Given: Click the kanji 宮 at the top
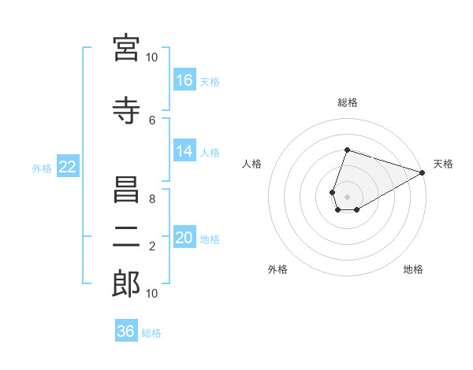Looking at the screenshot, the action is [x=126, y=48].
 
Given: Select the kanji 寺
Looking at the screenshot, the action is [x=126, y=110].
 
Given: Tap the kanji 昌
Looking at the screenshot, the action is [x=126, y=190].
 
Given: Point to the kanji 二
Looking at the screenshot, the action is [x=126, y=237].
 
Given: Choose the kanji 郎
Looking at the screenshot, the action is [x=126, y=283].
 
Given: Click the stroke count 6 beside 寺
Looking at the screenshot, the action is [x=152, y=120].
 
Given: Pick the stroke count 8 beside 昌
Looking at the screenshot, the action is [x=152, y=199].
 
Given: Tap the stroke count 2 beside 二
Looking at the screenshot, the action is [x=152, y=246].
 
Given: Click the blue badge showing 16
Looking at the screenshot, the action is [x=184, y=80].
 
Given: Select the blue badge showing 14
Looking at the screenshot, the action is [x=184, y=150].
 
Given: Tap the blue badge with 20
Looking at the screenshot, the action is [x=184, y=236].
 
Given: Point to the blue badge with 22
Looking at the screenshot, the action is [x=68, y=166].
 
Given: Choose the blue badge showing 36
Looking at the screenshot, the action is [x=126, y=330].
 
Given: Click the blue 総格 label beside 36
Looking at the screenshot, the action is [x=151, y=333].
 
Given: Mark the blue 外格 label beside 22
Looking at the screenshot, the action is [x=42, y=168].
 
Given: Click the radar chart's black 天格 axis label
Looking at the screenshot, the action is [x=443, y=164].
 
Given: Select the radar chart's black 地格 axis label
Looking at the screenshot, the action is [x=413, y=269].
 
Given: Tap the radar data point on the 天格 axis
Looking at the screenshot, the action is [x=423, y=172].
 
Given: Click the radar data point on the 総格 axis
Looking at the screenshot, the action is [x=347, y=150].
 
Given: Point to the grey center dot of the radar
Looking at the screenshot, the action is [x=347, y=197].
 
